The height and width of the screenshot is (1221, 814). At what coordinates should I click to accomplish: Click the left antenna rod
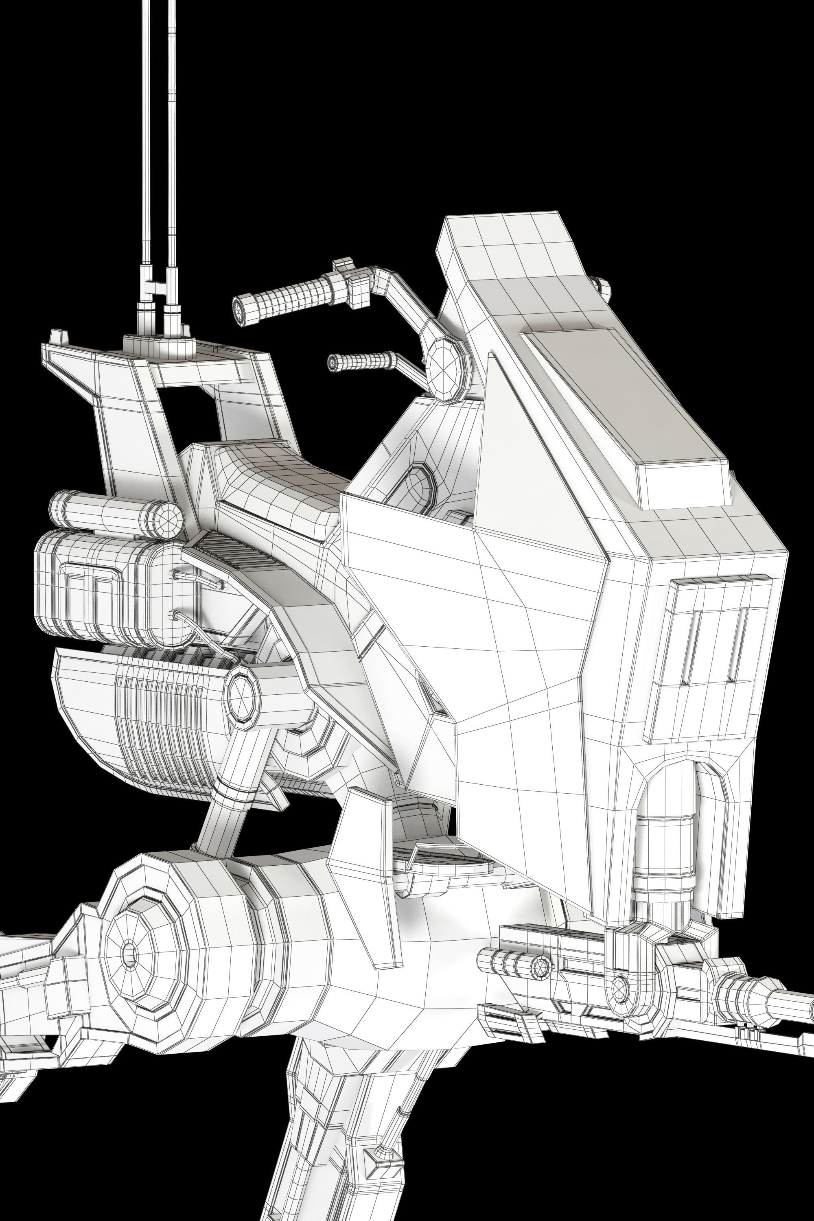point(146,130)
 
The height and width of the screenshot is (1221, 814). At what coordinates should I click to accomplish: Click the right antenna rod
point(172,130)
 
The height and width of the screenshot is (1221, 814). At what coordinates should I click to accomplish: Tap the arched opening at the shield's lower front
point(670,820)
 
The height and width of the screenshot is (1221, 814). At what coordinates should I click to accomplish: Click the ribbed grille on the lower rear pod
point(161,727)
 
